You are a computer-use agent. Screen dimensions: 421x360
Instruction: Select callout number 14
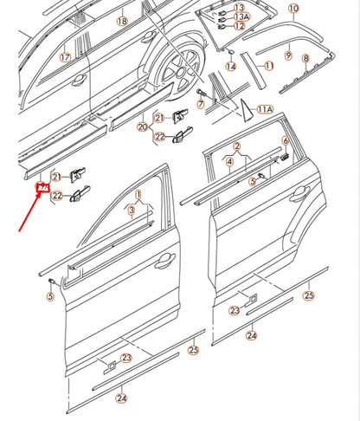point(231,66)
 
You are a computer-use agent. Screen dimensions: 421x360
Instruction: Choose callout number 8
point(305,58)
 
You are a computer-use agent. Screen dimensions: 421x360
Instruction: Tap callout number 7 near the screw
point(201,104)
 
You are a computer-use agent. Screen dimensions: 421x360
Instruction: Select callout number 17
point(64,57)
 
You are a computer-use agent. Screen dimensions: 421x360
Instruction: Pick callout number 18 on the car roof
point(121,20)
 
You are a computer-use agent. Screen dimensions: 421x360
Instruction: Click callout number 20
point(142,127)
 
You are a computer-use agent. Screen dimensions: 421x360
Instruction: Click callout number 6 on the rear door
point(286,139)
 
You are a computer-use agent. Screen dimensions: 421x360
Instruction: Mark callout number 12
point(240,27)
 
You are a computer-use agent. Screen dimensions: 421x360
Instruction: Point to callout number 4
point(228,161)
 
